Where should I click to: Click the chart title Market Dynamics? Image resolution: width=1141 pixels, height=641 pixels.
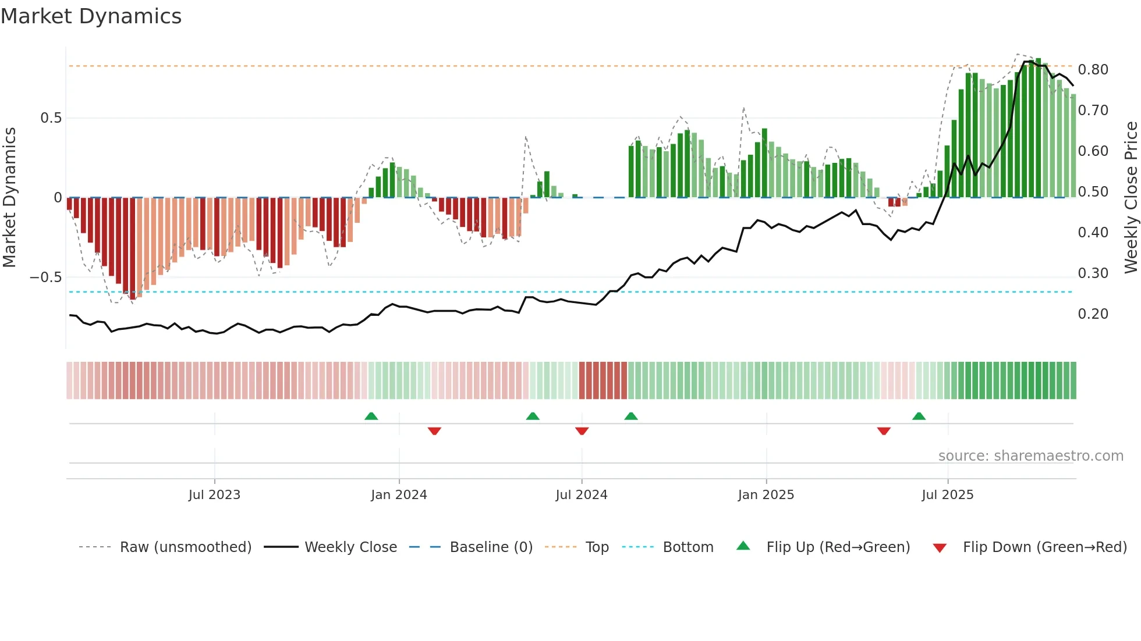(x=91, y=16)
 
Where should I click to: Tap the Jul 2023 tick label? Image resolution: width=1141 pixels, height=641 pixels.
(x=214, y=495)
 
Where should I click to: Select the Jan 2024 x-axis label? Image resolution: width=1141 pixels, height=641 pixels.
(x=399, y=495)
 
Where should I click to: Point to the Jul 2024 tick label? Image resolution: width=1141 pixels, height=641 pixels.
(x=581, y=495)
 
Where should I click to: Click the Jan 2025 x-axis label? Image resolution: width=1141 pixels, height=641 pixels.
(x=766, y=495)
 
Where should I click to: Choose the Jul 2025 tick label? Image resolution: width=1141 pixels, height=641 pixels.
(x=947, y=495)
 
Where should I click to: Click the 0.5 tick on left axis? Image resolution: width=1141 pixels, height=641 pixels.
(x=51, y=118)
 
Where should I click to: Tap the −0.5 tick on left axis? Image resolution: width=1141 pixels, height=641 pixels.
(x=46, y=277)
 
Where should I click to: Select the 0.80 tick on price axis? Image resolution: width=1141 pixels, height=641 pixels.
(x=1093, y=70)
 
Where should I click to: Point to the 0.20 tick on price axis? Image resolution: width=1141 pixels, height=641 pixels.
(x=1093, y=314)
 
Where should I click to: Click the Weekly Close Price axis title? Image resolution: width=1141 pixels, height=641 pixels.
(x=1131, y=197)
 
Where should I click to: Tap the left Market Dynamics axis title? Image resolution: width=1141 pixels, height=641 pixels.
(x=9, y=197)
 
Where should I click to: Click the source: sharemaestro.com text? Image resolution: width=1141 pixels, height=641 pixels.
(x=1030, y=456)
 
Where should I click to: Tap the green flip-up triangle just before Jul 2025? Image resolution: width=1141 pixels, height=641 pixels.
(x=919, y=416)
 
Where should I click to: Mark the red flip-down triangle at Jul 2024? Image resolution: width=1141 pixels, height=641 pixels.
(x=582, y=431)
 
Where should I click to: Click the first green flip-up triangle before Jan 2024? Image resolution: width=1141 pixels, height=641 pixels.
(x=371, y=416)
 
